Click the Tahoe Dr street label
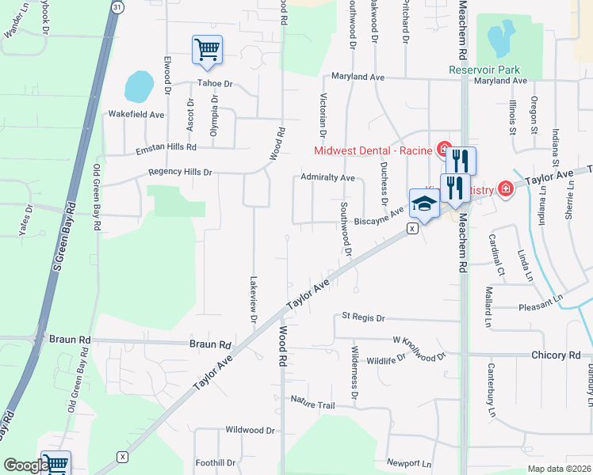point(216,83)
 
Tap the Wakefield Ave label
point(136,115)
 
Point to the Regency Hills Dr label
point(181,172)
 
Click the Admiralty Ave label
point(327,178)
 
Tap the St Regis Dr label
point(362,317)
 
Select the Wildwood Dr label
point(250,431)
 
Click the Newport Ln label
point(409,462)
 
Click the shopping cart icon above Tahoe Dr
point(207,49)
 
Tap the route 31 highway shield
point(117,6)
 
